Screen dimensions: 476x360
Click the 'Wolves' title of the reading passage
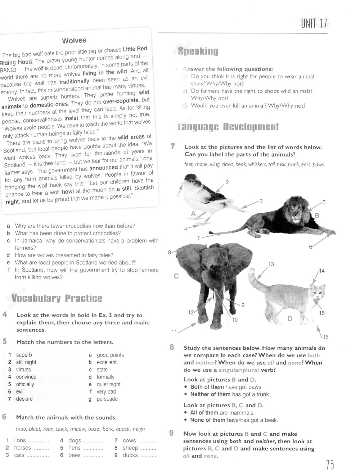pos(74,41)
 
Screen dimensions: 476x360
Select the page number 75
pos(330,466)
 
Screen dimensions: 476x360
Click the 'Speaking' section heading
pos(198,51)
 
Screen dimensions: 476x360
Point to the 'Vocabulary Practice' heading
pos(57,298)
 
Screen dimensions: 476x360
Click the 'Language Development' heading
pos(228,127)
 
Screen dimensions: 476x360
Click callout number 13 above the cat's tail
pos(271,264)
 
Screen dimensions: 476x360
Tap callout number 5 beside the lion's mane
pos(324,203)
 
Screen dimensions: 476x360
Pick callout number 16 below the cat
pos(325,337)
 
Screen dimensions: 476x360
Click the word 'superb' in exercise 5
pos(24,355)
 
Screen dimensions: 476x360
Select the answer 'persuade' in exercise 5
pos(107,399)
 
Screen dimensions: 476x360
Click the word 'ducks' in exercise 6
pos(130,455)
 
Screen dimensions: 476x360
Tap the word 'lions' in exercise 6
pos(20,440)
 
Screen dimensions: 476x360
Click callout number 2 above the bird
pos(227,182)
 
